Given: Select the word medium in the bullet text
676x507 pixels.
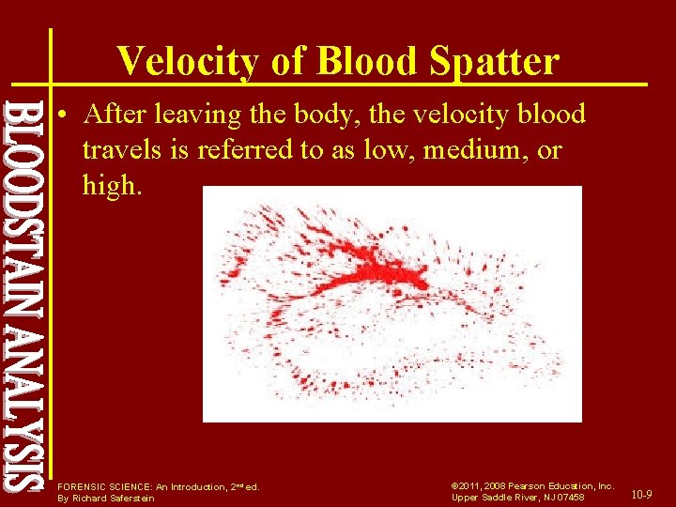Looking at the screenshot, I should coord(465,150).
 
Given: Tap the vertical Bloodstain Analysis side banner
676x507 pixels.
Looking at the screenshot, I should coord(23,296).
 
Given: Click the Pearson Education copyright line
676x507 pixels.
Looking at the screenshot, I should coord(531,486).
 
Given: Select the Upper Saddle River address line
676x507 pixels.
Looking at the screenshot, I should coord(517,498).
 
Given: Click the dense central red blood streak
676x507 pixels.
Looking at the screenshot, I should coord(376,263).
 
